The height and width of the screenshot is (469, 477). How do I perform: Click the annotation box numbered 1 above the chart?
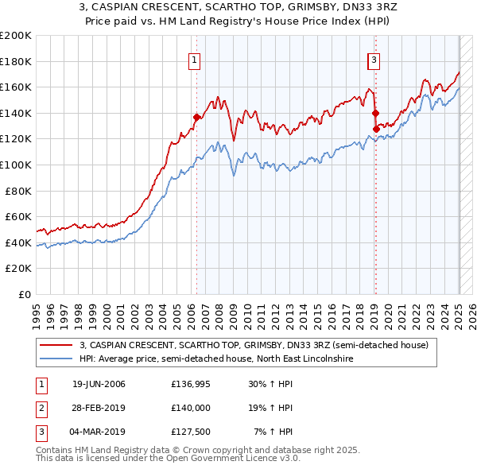[195, 58]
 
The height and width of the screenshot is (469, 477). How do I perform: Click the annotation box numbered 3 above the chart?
[374, 58]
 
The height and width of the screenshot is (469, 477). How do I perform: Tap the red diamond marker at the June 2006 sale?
[196, 117]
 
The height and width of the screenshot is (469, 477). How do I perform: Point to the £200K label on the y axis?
[16, 36]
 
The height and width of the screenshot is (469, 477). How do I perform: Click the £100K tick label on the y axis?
[16, 165]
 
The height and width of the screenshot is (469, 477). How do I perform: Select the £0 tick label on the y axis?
[24, 294]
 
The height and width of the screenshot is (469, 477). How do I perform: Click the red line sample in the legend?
[56, 345]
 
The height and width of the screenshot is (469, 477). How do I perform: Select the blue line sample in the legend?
[56, 359]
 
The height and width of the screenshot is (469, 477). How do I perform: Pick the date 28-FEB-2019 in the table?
[99, 408]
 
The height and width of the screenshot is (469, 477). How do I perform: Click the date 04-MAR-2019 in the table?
[99, 432]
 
